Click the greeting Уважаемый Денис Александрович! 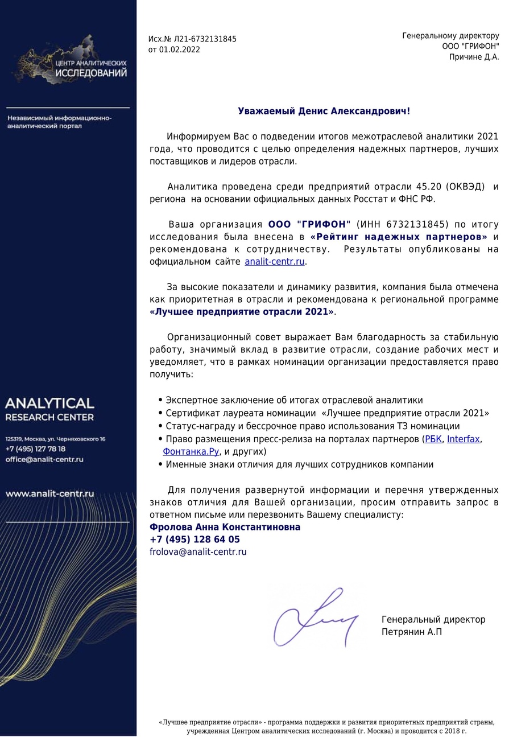(324, 111)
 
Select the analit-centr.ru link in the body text (275, 262)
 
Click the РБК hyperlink (433, 439)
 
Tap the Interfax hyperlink (464, 439)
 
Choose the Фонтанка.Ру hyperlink (191, 452)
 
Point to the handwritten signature (316, 617)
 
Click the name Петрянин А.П (411, 632)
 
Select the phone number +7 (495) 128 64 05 (195, 540)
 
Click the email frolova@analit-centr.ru (198, 552)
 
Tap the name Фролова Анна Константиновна (225, 527)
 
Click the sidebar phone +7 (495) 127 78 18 (35, 449)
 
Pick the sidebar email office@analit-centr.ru (44, 459)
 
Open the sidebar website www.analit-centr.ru (50, 494)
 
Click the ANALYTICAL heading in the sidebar (49, 404)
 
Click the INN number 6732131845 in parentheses (417, 224)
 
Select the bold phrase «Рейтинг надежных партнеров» (399, 237)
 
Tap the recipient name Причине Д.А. (474, 57)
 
